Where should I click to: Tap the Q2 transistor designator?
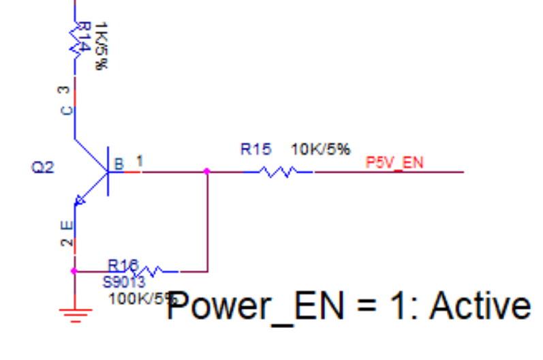pos(42,167)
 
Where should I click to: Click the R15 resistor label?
pos(255,149)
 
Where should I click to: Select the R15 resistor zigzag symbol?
pos(277,172)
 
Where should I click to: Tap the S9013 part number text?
pos(124,282)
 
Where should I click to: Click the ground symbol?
pos(74,314)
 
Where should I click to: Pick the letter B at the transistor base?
pos(119,164)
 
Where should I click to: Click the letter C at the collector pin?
pos(65,110)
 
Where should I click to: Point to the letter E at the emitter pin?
pos(65,225)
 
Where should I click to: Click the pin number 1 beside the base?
pos(139,161)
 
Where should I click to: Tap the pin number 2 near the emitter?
pos(65,243)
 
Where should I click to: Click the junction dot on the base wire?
pos(207,172)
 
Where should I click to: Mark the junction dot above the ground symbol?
pos(74,271)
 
